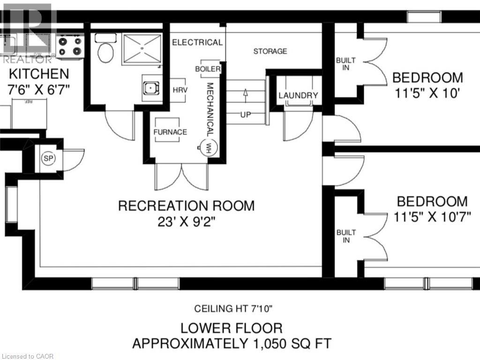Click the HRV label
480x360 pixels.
pyautogui.click(x=180, y=90)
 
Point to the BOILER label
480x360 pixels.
pyautogui.click(x=208, y=69)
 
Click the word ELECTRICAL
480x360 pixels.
pyautogui.click(x=197, y=42)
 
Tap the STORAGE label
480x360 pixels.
pyautogui.click(x=270, y=51)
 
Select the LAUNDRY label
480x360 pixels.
pyautogui.click(x=298, y=96)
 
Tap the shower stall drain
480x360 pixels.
pyautogui.click(x=142, y=48)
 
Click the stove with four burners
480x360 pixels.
pyautogui.click(x=70, y=46)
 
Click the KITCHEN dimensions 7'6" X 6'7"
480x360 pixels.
pyautogui.click(x=38, y=90)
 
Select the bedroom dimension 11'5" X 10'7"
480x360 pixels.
pyautogui.click(x=432, y=217)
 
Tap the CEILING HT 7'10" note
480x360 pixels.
pyautogui.click(x=233, y=308)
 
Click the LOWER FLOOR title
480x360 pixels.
pyautogui.click(x=232, y=328)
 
